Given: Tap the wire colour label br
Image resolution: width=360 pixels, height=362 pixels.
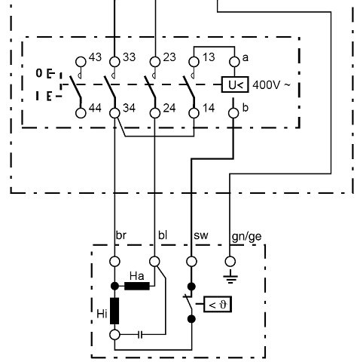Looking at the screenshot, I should [121, 236].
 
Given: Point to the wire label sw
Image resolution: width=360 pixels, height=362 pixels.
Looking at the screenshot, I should [200, 236].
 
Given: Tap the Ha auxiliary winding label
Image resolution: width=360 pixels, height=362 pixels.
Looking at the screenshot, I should [136, 276].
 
